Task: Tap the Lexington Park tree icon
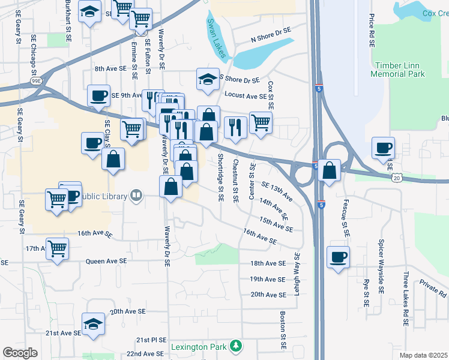coord(237,346)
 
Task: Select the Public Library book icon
coord(137,196)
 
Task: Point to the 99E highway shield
coord(36,80)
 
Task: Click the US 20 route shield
coord(397,178)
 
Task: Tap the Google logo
coord(20,353)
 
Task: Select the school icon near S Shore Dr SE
coord(207,79)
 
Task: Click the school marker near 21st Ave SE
coord(93,325)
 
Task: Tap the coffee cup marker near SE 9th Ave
coord(98,95)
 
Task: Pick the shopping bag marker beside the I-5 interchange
coord(330,170)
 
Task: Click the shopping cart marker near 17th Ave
coord(58,248)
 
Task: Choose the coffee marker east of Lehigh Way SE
coord(339,257)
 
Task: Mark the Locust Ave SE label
coord(245,95)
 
